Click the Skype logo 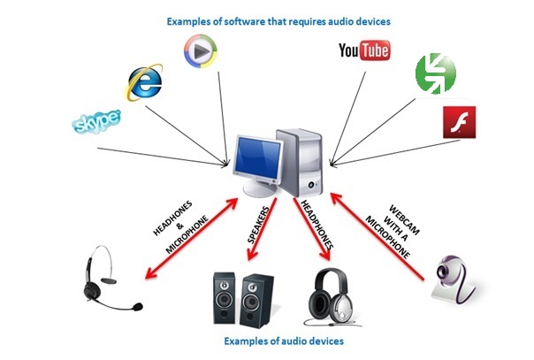96,121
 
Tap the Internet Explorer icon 143,82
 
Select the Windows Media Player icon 202,51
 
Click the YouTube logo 363,52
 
